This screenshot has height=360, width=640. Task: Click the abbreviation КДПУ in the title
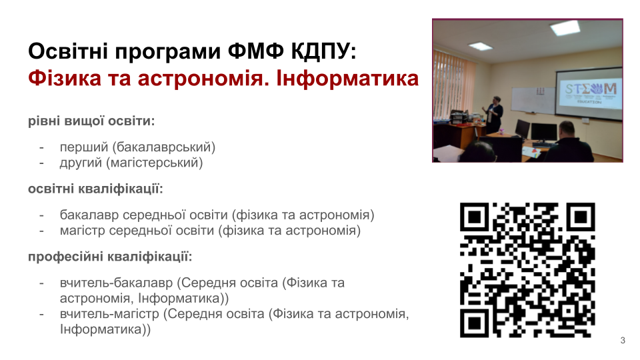[323, 51]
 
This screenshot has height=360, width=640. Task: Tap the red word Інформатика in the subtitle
[347, 78]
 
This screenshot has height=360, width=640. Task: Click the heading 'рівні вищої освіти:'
[91, 121]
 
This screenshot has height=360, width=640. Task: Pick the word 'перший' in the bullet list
[84, 147]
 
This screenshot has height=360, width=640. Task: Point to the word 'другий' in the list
[81, 163]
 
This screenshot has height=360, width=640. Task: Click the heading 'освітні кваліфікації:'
[95, 189]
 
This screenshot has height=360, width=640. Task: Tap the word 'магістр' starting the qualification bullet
[82, 231]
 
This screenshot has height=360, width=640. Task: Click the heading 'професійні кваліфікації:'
[110, 257]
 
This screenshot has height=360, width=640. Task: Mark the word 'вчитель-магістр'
[109, 314]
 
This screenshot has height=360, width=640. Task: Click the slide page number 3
[623, 341]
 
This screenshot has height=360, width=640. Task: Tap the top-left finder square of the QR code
[474, 217]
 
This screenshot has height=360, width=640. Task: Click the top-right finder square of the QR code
[581, 217]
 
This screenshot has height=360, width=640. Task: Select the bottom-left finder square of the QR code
[474, 323]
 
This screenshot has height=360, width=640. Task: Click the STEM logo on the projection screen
[591, 91]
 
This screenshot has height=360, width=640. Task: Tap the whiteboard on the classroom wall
[533, 100]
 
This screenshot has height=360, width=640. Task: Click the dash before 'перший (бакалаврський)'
[41, 148]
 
